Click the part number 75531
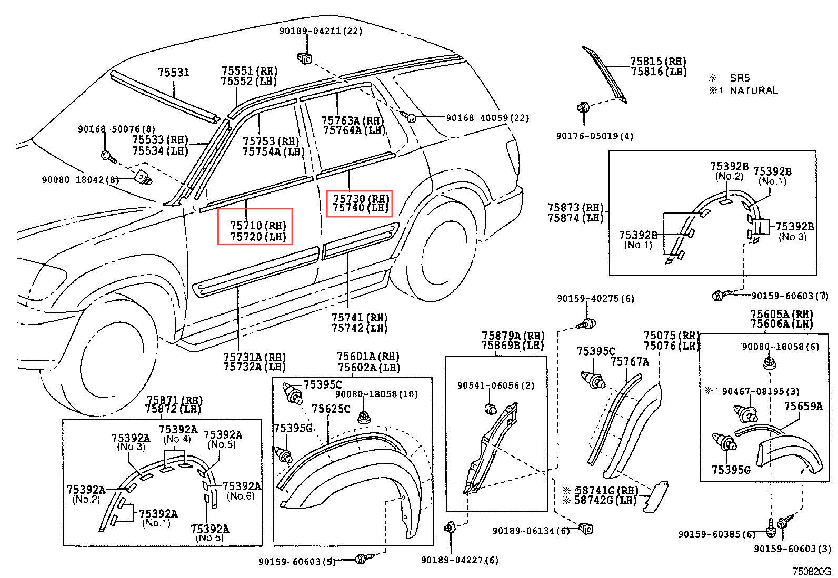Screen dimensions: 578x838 click(174, 73)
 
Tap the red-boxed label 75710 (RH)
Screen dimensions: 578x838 click(258, 226)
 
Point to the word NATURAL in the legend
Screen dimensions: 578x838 click(753, 90)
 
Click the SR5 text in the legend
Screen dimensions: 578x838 click(739, 78)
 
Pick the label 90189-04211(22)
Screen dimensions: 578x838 click(321, 31)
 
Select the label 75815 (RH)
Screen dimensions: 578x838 click(658, 62)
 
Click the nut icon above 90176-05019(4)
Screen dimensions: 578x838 click(583, 108)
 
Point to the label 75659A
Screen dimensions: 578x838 click(803, 406)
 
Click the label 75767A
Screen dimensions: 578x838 click(630, 361)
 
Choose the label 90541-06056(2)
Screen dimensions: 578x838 click(495, 386)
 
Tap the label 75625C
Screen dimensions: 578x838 click(331, 409)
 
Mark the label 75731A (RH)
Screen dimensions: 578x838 click(255, 357)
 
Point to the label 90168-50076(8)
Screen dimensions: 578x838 click(116, 129)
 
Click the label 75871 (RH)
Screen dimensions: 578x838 click(174, 400)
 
